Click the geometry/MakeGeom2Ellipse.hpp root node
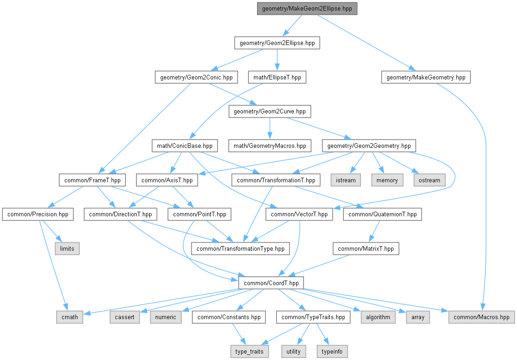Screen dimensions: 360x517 [x=307, y=9]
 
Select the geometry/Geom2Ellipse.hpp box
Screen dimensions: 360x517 [x=277, y=43]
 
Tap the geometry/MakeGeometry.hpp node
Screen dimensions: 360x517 [x=426, y=77]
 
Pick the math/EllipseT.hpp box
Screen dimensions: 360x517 [x=277, y=77]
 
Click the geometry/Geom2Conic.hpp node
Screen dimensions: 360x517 [x=196, y=77]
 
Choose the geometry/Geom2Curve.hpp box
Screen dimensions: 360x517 [x=270, y=111]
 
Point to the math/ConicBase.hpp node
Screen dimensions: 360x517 [x=184, y=146]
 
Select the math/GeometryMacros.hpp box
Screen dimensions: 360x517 [x=270, y=146]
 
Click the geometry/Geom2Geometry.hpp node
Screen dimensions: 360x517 [x=369, y=146]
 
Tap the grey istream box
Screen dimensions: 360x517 [x=346, y=180]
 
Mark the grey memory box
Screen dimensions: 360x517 [x=387, y=180]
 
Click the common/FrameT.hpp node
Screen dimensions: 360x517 [x=90, y=180]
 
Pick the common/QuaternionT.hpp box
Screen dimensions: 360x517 [x=382, y=214]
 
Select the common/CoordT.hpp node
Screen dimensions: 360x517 [x=271, y=283]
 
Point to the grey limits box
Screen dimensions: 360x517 [x=67, y=248]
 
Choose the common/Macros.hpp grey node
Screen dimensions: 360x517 [x=482, y=317]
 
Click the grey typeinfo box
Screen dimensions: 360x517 [x=332, y=351]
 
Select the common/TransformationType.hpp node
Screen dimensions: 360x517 [x=241, y=248]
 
